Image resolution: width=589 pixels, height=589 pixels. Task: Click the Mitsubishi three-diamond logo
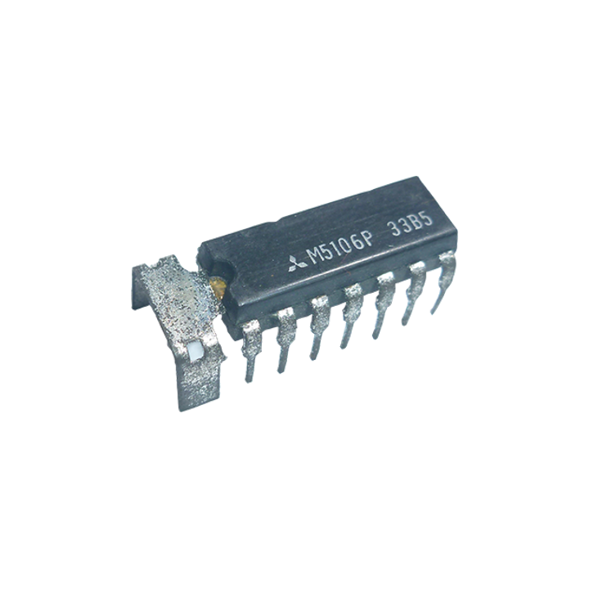click(298, 263)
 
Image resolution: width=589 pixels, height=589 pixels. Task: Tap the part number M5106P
click(340, 246)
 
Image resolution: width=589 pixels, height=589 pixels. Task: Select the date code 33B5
click(411, 226)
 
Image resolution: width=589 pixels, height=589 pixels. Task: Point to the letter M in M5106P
click(313, 257)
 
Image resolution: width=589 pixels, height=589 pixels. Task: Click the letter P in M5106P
click(368, 238)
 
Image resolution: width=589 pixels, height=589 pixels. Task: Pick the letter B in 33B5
click(417, 224)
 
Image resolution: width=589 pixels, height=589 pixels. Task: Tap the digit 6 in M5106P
click(357, 242)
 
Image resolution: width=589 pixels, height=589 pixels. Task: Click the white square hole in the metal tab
click(196, 352)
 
